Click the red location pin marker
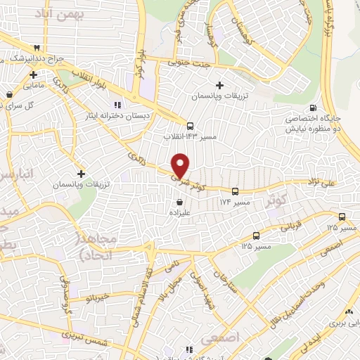pyautogui.click(x=181, y=165)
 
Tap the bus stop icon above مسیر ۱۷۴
pyautogui.click(x=234, y=191)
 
